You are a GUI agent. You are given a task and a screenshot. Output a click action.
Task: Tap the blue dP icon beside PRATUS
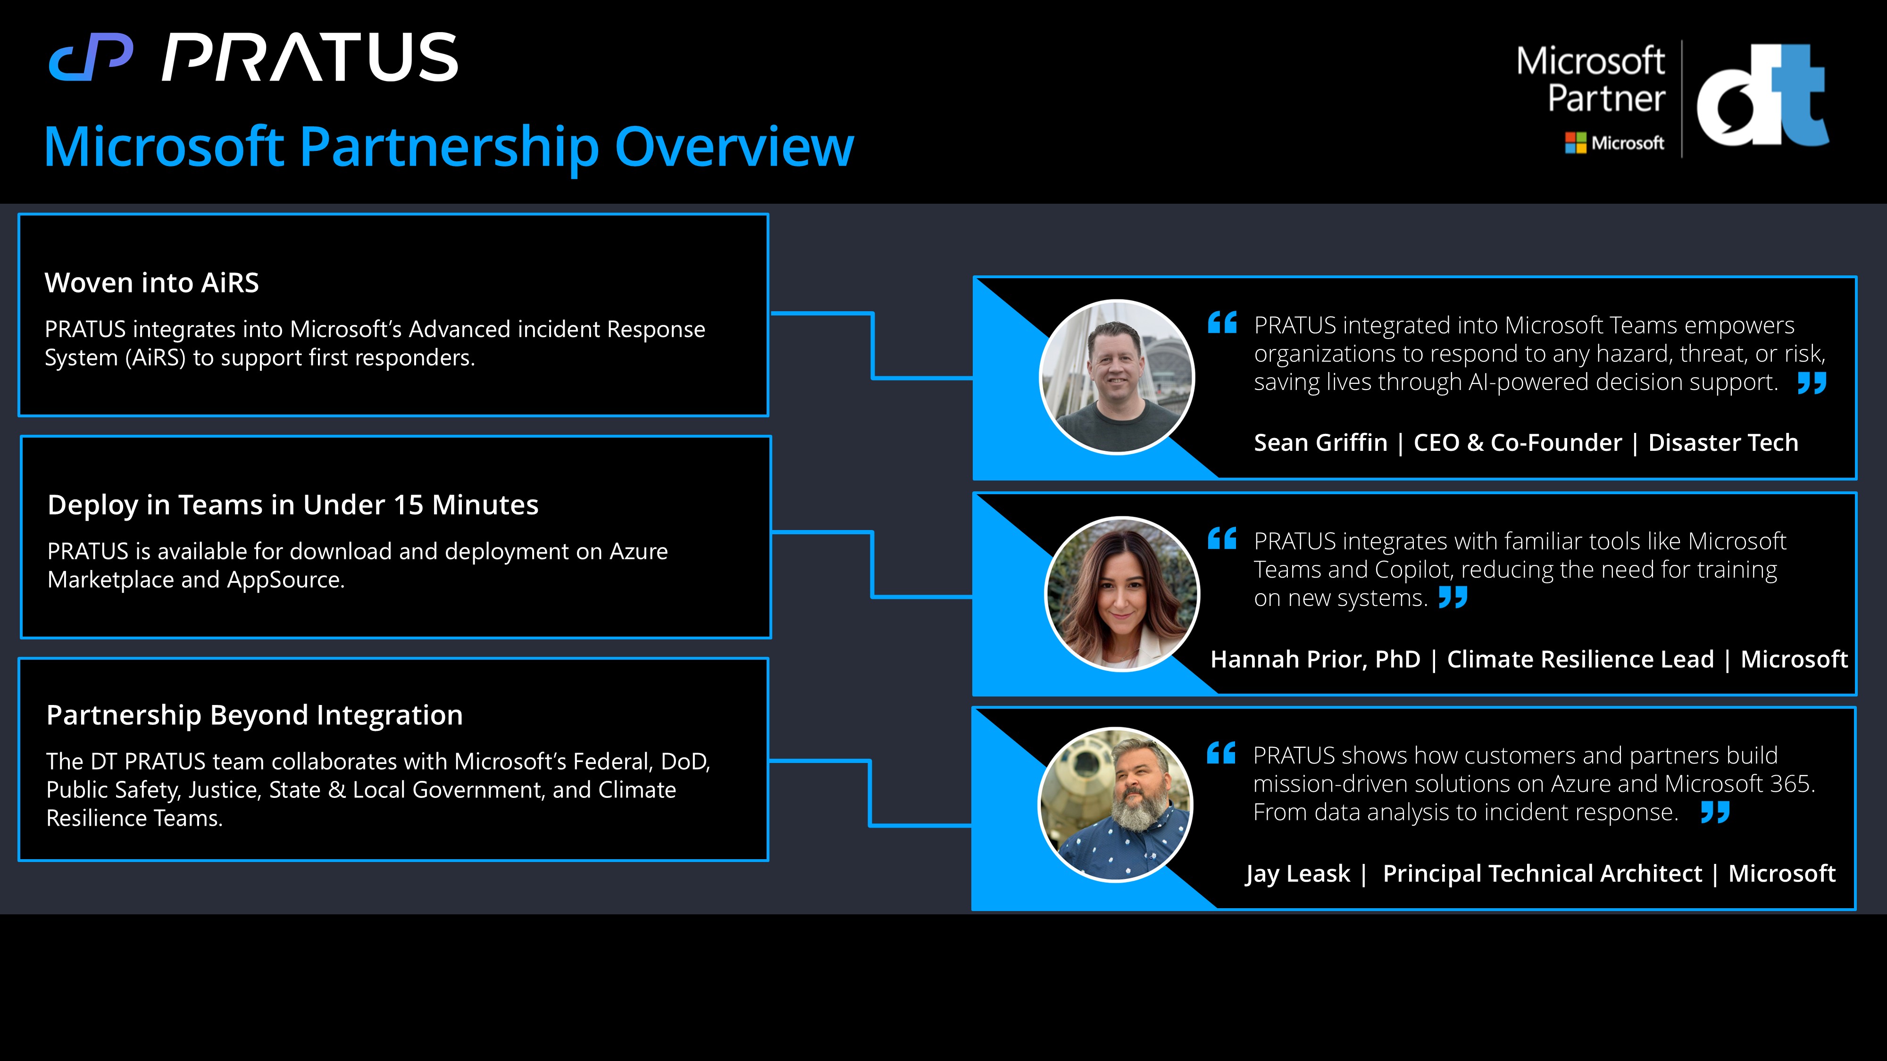[91, 57]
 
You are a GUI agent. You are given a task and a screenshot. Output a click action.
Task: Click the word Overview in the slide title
[734, 147]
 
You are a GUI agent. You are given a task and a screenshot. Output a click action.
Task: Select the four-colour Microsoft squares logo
[1575, 143]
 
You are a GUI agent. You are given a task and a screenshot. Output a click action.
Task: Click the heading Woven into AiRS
[151, 282]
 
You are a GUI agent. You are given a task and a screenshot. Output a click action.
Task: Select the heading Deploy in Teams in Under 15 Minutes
[293, 505]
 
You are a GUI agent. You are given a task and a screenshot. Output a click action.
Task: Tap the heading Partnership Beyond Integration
[254, 715]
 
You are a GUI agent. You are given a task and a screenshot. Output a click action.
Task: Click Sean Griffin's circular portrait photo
[1116, 377]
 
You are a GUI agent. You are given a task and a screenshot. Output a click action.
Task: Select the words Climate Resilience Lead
[1580, 660]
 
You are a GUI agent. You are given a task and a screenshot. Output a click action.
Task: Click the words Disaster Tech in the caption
[1723, 443]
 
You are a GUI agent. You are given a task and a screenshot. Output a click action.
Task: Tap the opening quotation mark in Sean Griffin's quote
[1222, 322]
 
